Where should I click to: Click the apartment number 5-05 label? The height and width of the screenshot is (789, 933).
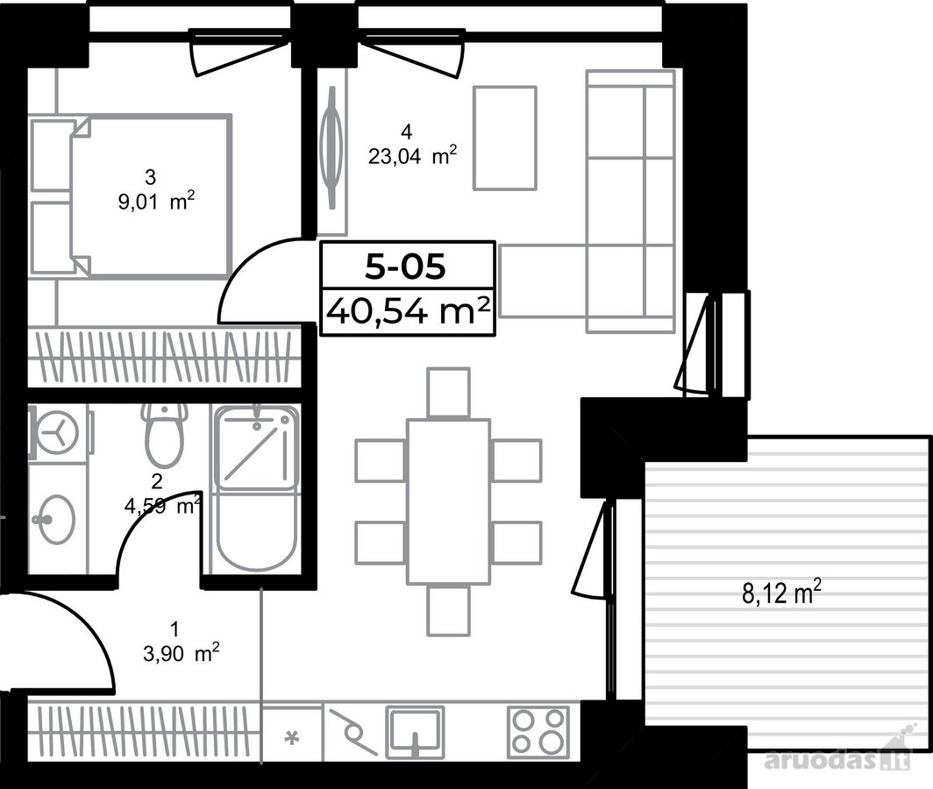pos(405,266)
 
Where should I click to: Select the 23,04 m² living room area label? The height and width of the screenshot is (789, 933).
pos(412,156)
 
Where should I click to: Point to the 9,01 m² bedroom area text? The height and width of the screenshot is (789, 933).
pos(156,202)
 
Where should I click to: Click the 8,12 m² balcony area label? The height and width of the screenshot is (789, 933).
pos(782,594)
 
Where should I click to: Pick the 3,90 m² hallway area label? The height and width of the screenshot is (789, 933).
pos(182,654)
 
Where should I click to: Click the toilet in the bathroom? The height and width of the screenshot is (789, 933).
pos(164,436)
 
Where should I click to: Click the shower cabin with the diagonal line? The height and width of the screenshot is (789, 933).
pos(256,447)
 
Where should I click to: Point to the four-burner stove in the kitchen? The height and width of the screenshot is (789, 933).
pos(538,732)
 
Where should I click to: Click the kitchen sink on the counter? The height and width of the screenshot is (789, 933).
pos(416,733)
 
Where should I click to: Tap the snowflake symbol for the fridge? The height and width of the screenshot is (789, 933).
pos(291,738)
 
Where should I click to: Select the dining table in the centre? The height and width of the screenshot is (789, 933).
pos(449,503)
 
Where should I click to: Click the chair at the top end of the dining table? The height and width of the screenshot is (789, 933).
pos(449,393)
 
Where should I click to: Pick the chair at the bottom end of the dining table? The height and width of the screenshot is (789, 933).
pos(449,611)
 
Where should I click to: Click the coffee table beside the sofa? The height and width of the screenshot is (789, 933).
pos(504,138)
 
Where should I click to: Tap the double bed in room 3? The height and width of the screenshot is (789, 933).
pos(150,196)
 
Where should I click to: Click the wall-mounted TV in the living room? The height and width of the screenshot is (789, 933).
pos(332,147)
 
